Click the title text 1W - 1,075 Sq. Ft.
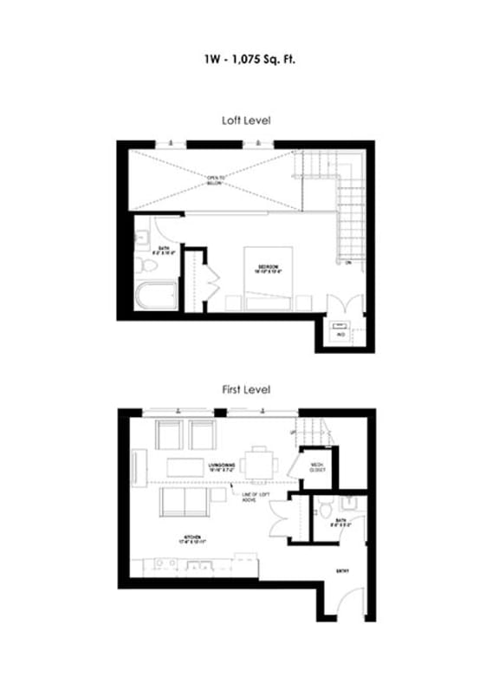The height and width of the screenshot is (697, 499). click(x=249, y=61)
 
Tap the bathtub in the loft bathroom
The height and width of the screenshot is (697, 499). click(x=156, y=294)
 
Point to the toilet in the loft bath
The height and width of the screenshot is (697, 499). click(x=144, y=263)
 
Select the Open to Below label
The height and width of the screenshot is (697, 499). click(x=215, y=180)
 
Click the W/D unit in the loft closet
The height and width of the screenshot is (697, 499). click(x=340, y=331)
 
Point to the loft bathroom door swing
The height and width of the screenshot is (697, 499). click(x=167, y=227)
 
